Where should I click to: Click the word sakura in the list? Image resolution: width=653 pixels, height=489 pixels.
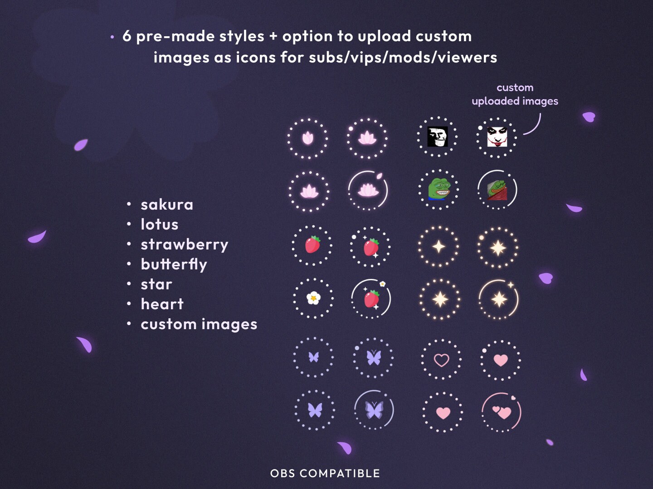tap(167, 205)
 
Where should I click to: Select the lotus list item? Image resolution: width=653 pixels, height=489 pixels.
tap(160, 225)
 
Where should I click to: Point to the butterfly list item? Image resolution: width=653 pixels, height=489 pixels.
tap(174, 265)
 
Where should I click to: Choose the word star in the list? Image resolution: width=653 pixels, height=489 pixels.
tap(156, 284)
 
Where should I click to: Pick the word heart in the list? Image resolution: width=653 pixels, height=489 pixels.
tap(162, 304)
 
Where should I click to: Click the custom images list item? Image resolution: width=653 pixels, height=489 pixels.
tap(199, 324)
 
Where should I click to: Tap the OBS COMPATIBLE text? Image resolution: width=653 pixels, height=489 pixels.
tap(325, 473)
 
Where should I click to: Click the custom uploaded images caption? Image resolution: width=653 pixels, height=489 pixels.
tap(515, 95)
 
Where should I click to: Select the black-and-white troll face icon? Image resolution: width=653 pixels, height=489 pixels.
tap(438, 137)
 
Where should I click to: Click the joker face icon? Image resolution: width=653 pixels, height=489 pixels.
tap(497, 137)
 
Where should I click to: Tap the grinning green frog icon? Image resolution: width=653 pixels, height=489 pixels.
tap(439, 189)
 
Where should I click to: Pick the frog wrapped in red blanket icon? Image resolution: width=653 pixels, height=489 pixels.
tap(497, 190)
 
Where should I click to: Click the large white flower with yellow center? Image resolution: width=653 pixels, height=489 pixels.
tap(313, 298)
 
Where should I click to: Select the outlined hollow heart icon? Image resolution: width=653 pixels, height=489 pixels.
tap(442, 360)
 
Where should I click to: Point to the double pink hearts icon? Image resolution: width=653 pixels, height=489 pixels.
tap(502, 412)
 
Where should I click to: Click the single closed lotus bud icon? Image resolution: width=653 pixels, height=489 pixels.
tap(308, 139)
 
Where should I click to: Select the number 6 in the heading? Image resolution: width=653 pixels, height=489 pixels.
tap(127, 36)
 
